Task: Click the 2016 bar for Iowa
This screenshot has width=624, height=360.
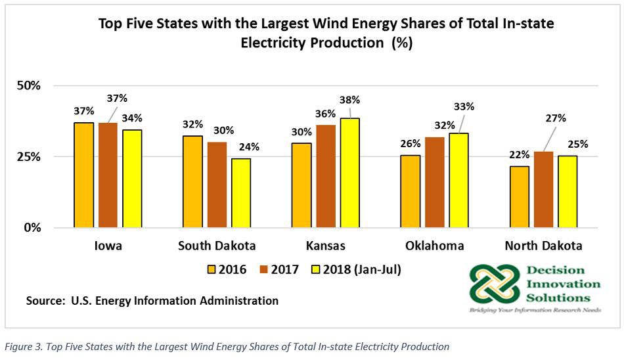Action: pos(83,175)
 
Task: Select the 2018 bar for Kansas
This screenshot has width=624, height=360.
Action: pos(349,173)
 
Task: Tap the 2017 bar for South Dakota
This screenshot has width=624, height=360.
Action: pos(217,185)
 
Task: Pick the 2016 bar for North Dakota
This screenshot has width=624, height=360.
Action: pos(520,197)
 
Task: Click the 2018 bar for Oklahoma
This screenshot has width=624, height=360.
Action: pos(458,180)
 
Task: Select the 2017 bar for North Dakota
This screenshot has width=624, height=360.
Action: pos(543,189)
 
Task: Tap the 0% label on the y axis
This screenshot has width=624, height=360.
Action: pos(32,228)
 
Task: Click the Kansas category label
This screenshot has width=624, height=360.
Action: pos(326,246)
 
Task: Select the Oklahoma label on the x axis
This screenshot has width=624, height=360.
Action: pos(434,246)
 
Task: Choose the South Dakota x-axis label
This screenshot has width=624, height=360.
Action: pos(217,246)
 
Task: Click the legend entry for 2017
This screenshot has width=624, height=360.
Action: pos(280,269)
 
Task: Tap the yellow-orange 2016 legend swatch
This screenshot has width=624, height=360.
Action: pos(211,269)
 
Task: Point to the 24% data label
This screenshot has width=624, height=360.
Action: pos(248,146)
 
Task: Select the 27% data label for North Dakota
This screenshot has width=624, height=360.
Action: pos(555,118)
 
